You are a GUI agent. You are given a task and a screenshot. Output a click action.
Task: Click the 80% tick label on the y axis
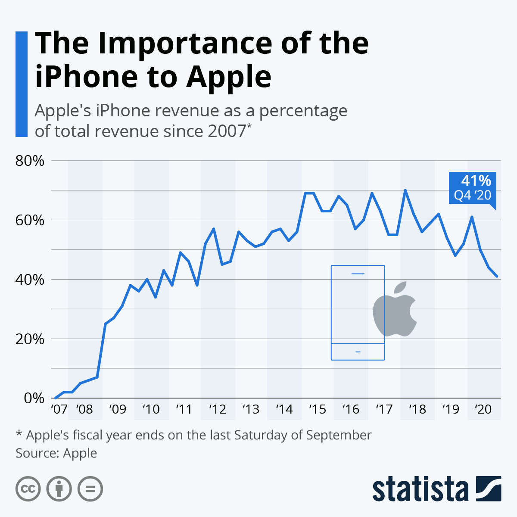coord(30,161)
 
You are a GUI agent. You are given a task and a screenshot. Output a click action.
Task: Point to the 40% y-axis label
coord(30,280)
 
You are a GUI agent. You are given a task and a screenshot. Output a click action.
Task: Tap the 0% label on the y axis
coord(34,399)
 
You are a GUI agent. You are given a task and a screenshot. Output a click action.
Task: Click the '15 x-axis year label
coord(318,409)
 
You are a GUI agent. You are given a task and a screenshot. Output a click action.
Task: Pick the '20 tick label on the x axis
coord(483,409)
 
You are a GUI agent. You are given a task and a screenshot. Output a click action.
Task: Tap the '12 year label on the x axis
coord(218,409)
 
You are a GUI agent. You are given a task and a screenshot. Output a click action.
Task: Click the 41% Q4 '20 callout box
coord(473,188)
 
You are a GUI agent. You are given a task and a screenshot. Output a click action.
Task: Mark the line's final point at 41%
coord(497,277)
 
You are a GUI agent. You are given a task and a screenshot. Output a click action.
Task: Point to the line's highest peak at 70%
coord(405,190)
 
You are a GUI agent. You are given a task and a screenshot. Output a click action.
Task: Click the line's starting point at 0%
coord(56,398)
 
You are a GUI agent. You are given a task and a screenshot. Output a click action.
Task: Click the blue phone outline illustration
coord(358,312)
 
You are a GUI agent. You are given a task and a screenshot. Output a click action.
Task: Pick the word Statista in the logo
coord(420,489)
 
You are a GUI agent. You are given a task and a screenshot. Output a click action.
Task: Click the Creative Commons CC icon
coord(28,489)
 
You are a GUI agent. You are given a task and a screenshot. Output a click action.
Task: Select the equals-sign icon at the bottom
coord(90,489)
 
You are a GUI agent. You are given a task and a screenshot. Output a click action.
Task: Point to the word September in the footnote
coord(339,435)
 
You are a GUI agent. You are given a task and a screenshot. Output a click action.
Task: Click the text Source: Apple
coord(56,453)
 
